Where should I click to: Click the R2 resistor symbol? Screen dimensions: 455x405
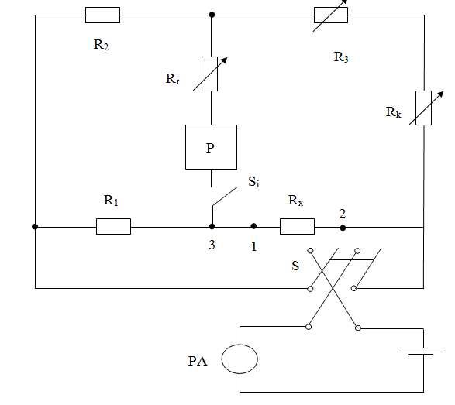102,15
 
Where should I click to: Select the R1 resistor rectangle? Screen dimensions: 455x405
113,226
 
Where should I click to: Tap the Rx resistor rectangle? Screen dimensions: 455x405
297,226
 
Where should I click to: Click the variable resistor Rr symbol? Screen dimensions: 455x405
210,74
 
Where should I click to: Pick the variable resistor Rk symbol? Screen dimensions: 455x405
424,108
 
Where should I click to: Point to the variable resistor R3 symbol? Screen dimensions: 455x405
331,15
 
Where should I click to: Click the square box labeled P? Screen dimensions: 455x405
212,147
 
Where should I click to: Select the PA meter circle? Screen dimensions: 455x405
240,359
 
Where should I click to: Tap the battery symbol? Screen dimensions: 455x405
422,351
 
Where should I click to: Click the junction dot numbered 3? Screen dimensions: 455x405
212,226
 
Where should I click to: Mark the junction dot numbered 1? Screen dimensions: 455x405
253,226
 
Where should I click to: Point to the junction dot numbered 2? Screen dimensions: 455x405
343,228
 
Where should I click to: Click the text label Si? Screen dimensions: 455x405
254,182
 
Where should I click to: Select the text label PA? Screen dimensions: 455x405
198,361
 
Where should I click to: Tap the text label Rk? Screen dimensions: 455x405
393,112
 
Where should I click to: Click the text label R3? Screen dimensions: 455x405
341,57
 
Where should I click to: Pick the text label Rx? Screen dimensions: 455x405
295,201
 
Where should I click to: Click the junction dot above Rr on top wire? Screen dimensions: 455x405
212,15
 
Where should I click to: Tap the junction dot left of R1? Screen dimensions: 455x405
35,226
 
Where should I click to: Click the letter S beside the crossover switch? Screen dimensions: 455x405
295,266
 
